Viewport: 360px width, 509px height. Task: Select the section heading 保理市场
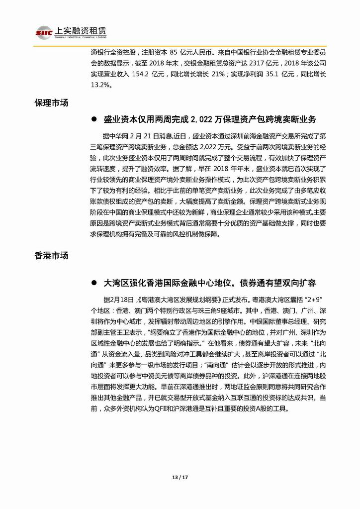(51, 103)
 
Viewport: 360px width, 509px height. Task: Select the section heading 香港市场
(51, 256)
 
